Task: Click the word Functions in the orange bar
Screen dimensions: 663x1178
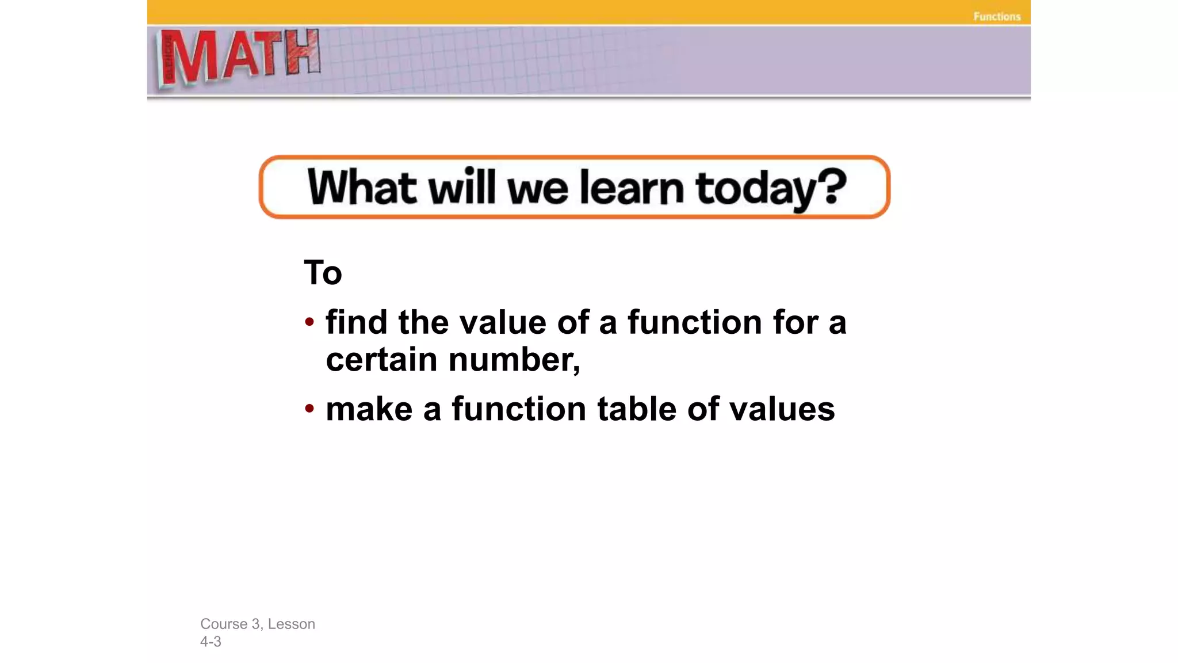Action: [x=997, y=17]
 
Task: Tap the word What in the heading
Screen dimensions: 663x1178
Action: [x=362, y=188]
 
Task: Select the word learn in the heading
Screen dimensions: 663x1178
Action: [x=632, y=188]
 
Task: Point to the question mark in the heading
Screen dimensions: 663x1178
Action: [x=832, y=186]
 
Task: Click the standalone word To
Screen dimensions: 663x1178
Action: [x=323, y=273]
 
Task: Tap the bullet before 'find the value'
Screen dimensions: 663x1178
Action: [x=309, y=322]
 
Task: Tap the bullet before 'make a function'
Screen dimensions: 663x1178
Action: [x=309, y=409]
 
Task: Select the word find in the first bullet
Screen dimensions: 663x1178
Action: [x=356, y=322]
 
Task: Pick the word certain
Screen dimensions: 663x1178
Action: [x=381, y=360]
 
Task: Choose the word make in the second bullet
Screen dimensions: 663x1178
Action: [x=369, y=409]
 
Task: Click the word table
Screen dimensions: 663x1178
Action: [x=637, y=409]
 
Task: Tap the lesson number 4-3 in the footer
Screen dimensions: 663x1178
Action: [x=211, y=642]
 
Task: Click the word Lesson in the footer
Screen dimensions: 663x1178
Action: [x=291, y=624]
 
